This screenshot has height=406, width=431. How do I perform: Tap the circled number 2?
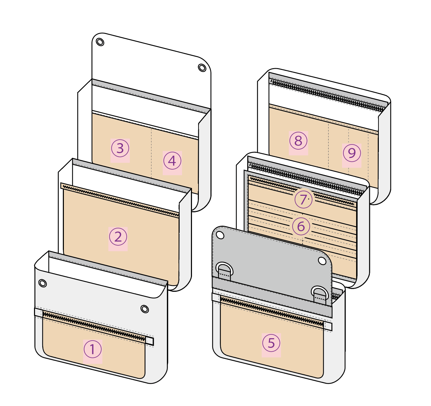(118, 237)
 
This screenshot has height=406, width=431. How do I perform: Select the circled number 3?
(120, 148)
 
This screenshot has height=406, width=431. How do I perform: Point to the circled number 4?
(172, 161)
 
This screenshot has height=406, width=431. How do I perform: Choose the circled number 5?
(271, 343)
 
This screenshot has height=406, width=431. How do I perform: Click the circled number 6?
(301, 226)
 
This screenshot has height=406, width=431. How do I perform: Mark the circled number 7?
(303, 200)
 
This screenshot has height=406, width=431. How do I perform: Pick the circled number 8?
(298, 141)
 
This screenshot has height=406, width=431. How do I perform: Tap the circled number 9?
(352, 153)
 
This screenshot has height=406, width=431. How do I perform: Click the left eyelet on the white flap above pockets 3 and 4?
(100, 42)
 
